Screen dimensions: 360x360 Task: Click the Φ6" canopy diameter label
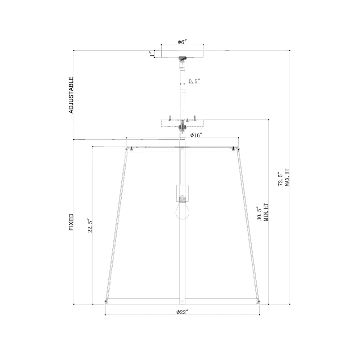(x=182, y=42)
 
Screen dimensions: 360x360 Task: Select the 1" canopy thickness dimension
(x=152, y=54)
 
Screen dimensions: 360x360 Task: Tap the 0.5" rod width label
(x=194, y=81)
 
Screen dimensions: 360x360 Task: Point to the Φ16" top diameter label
(x=196, y=135)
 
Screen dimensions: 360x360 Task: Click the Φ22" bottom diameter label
(x=182, y=311)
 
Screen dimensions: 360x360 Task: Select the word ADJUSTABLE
(x=71, y=95)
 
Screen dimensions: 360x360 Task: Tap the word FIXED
(x=71, y=222)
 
